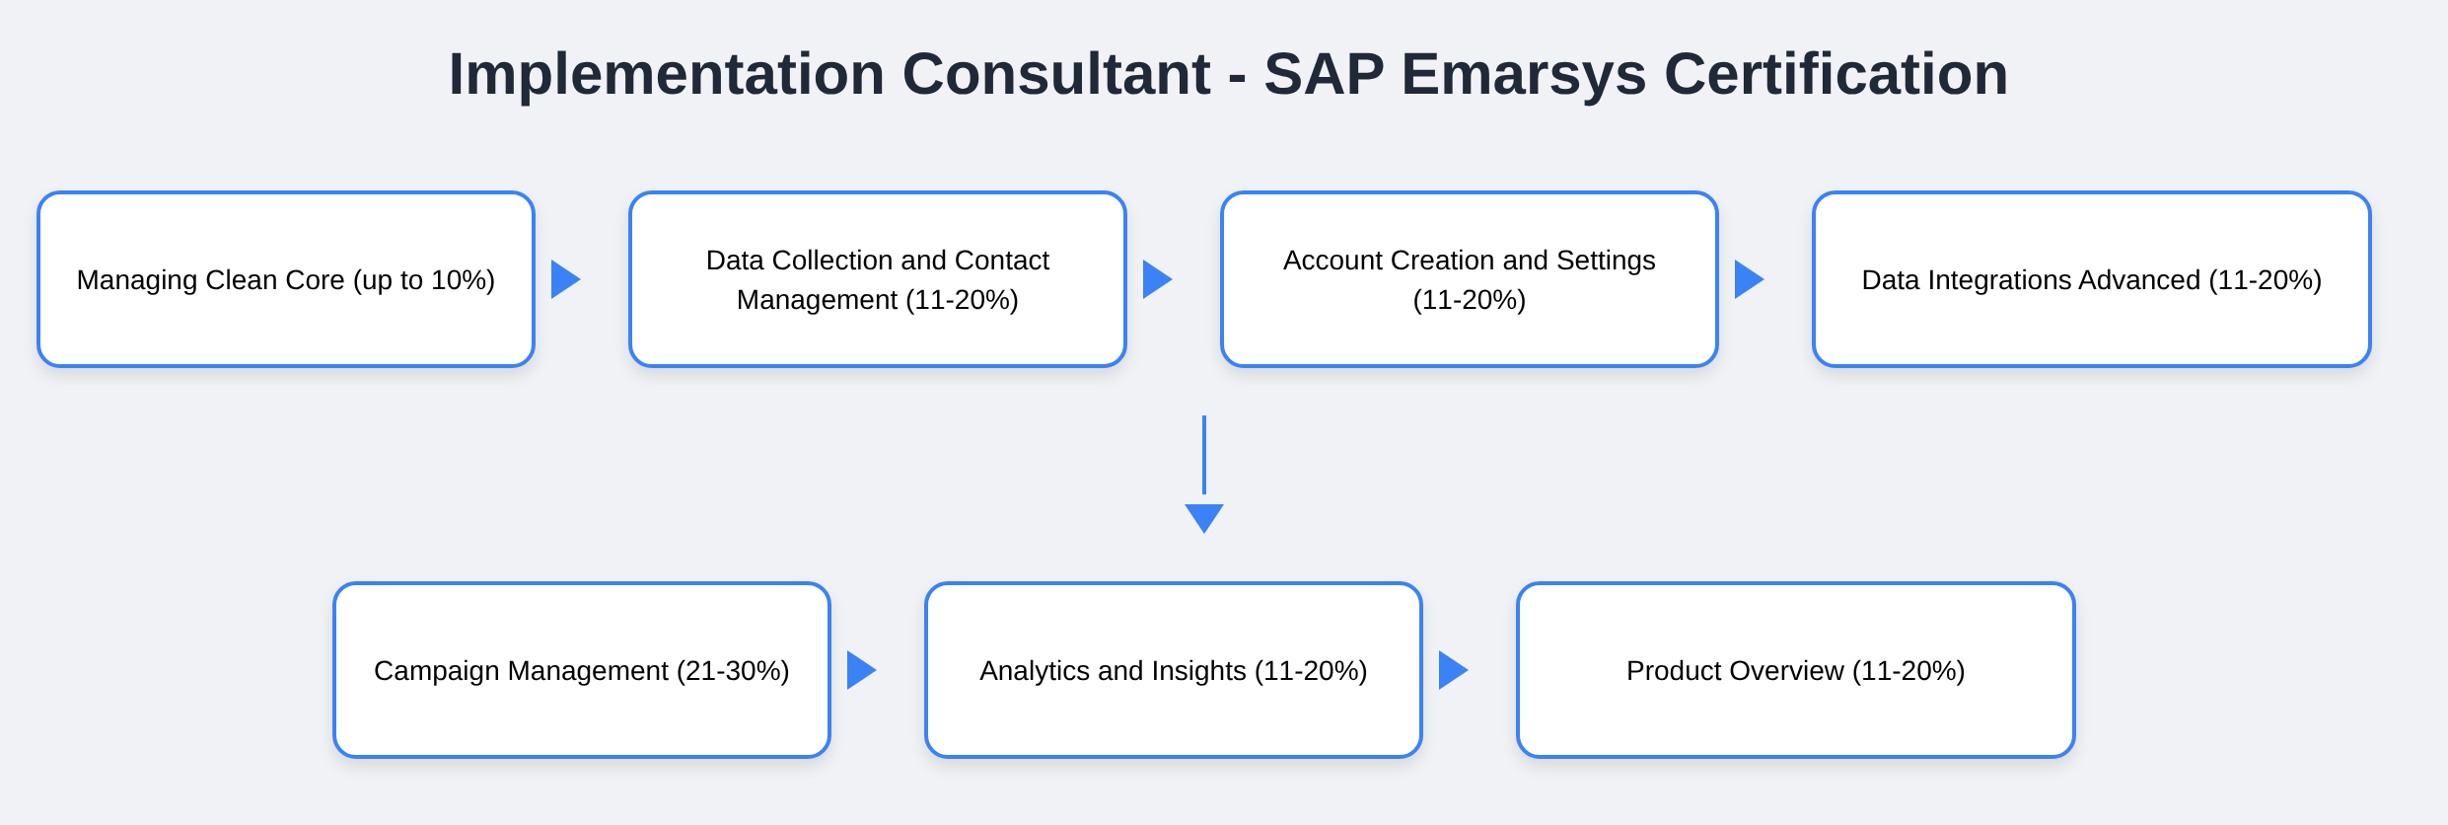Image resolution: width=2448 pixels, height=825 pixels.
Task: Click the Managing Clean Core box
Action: [x=286, y=279]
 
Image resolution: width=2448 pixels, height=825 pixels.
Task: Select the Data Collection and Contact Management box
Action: [x=878, y=279]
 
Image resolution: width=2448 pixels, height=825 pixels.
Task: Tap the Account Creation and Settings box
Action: [x=1470, y=279]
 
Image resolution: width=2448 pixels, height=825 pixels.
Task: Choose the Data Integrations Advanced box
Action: [x=2092, y=279]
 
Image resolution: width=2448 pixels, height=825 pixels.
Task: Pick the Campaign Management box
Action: [x=582, y=670]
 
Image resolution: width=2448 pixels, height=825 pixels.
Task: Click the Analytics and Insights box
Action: [x=1174, y=670]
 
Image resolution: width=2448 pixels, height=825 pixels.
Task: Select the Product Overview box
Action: [x=1796, y=670]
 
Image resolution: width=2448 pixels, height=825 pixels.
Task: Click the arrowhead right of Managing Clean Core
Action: [x=565, y=279]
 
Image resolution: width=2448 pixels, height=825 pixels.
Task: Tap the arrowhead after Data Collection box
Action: [x=1157, y=279]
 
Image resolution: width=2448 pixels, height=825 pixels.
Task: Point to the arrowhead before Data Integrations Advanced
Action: [x=1749, y=279]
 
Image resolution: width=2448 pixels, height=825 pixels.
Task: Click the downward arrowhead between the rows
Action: [x=1204, y=518]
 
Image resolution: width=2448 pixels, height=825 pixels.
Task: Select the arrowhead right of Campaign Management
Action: [x=861, y=670]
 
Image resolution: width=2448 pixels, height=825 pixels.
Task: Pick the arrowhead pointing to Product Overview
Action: [x=1453, y=670]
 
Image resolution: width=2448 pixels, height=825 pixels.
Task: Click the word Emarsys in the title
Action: [x=1524, y=75]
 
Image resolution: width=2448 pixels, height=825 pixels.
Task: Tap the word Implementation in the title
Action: [x=667, y=75]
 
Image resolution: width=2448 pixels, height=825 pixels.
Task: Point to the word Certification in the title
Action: [x=1836, y=74]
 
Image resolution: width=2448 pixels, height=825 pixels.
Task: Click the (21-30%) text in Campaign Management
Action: [x=733, y=671]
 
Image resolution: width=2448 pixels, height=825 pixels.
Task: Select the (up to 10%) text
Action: [x=424, y=280]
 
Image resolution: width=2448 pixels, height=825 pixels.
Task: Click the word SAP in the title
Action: [x=1325, y=74]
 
